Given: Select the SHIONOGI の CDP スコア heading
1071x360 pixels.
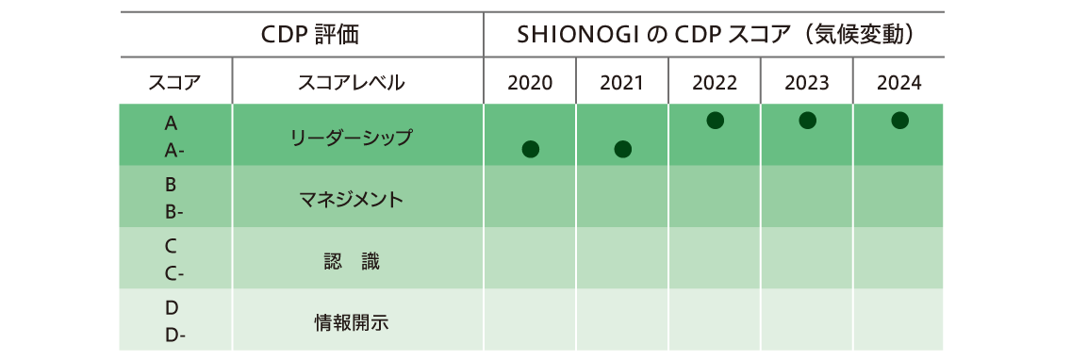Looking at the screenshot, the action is [x=715, y=35].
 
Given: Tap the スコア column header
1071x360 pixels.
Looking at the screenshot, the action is [x=175, y=83].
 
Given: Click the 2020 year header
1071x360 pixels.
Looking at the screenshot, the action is [x=530, y=83].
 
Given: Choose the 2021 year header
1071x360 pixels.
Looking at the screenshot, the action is [x=622, y=83].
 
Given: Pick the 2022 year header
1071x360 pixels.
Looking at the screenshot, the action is [x=715, y=83].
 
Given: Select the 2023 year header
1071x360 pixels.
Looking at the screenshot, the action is [x=807, y=83].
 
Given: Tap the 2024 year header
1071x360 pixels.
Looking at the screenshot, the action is [x=899, y=83].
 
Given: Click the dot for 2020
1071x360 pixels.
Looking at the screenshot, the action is [x=530, y=149].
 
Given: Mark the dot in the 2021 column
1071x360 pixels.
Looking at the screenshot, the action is [x=622, y=149].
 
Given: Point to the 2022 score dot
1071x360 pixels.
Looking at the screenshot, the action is [x=716, y=121].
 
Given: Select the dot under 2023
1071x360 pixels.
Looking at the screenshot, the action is [x=807, y=121].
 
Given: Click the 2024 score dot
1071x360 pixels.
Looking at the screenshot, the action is [x=899, y=121].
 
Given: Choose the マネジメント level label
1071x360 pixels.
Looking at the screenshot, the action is [x=352, y=200].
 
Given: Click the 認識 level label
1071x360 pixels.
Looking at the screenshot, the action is [x=352, y=262].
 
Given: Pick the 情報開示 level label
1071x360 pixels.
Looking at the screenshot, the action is [x=352, y=322].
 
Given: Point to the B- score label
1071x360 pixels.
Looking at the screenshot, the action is [x=174, y=212].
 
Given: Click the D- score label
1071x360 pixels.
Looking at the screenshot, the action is [x=174, y=335].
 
